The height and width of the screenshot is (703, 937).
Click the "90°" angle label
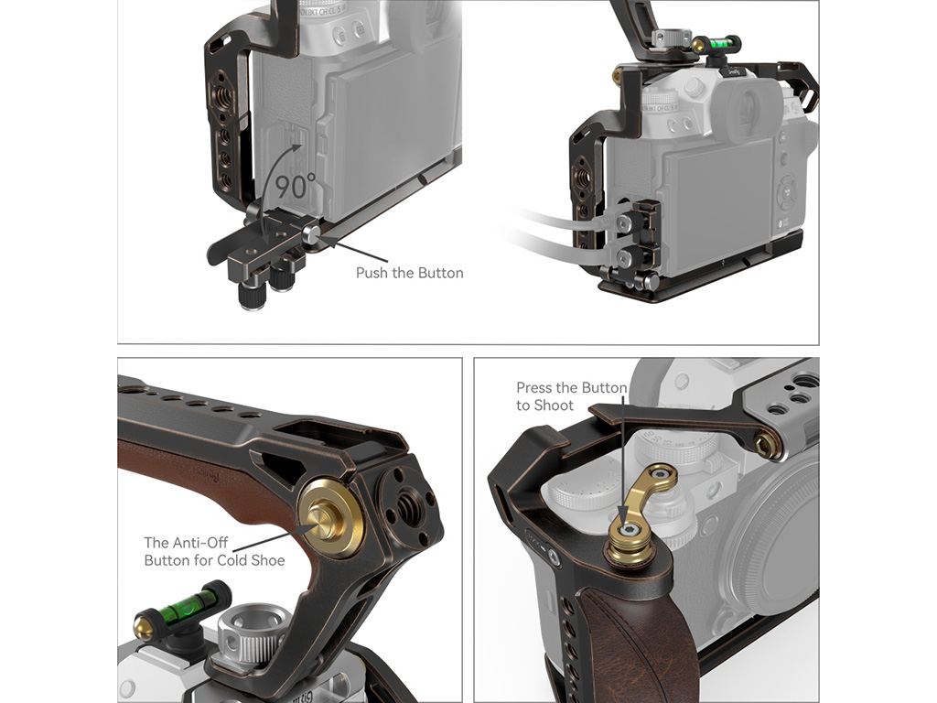tap(296, 186)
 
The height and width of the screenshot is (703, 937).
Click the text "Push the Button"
tap(409, 273)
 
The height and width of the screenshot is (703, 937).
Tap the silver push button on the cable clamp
tap(311, 234)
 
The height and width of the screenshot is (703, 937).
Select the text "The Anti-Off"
tap(186, 543)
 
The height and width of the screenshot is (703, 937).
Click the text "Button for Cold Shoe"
tap(214, 561)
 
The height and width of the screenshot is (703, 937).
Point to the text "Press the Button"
tap(571, 388)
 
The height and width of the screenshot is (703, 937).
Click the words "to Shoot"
tap(544, 406)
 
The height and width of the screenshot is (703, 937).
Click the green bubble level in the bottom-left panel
tap(180, 610)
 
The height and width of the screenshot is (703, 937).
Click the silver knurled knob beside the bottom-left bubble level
tap(249, 634)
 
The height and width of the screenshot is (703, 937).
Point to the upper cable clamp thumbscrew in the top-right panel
tap(623, 223)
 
